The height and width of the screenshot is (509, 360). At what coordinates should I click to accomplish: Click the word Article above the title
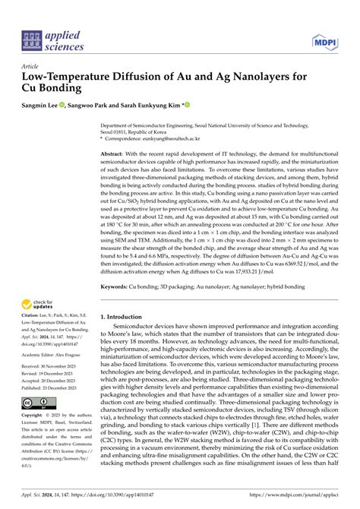click(31, 66)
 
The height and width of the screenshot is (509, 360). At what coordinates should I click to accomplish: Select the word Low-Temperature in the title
click(70, 77)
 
